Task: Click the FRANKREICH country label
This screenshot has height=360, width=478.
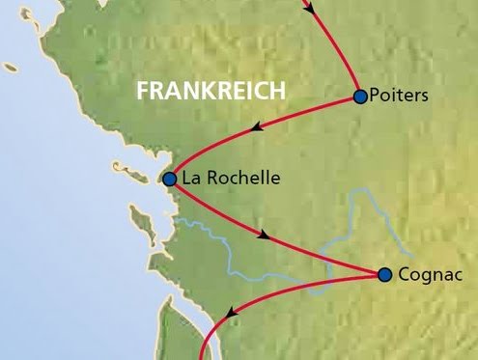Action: click(211, 91)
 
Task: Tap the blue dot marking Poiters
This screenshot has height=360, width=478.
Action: click(360, 97)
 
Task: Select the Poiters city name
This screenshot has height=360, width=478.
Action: click(399, 97)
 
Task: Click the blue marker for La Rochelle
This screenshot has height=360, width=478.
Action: click(170, 179)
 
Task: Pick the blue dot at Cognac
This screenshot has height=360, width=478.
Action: click(385, 275)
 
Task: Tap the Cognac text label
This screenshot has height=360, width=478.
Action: click(425, 275)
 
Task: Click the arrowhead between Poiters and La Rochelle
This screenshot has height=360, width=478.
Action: click(257, 127)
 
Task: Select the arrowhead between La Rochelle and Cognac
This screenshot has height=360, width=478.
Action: click(263, 234)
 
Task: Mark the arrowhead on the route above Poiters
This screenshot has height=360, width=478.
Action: click(310, 8)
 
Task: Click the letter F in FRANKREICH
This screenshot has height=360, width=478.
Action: click(143, 91)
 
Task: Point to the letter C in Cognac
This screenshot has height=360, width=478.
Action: click(405, 275)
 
